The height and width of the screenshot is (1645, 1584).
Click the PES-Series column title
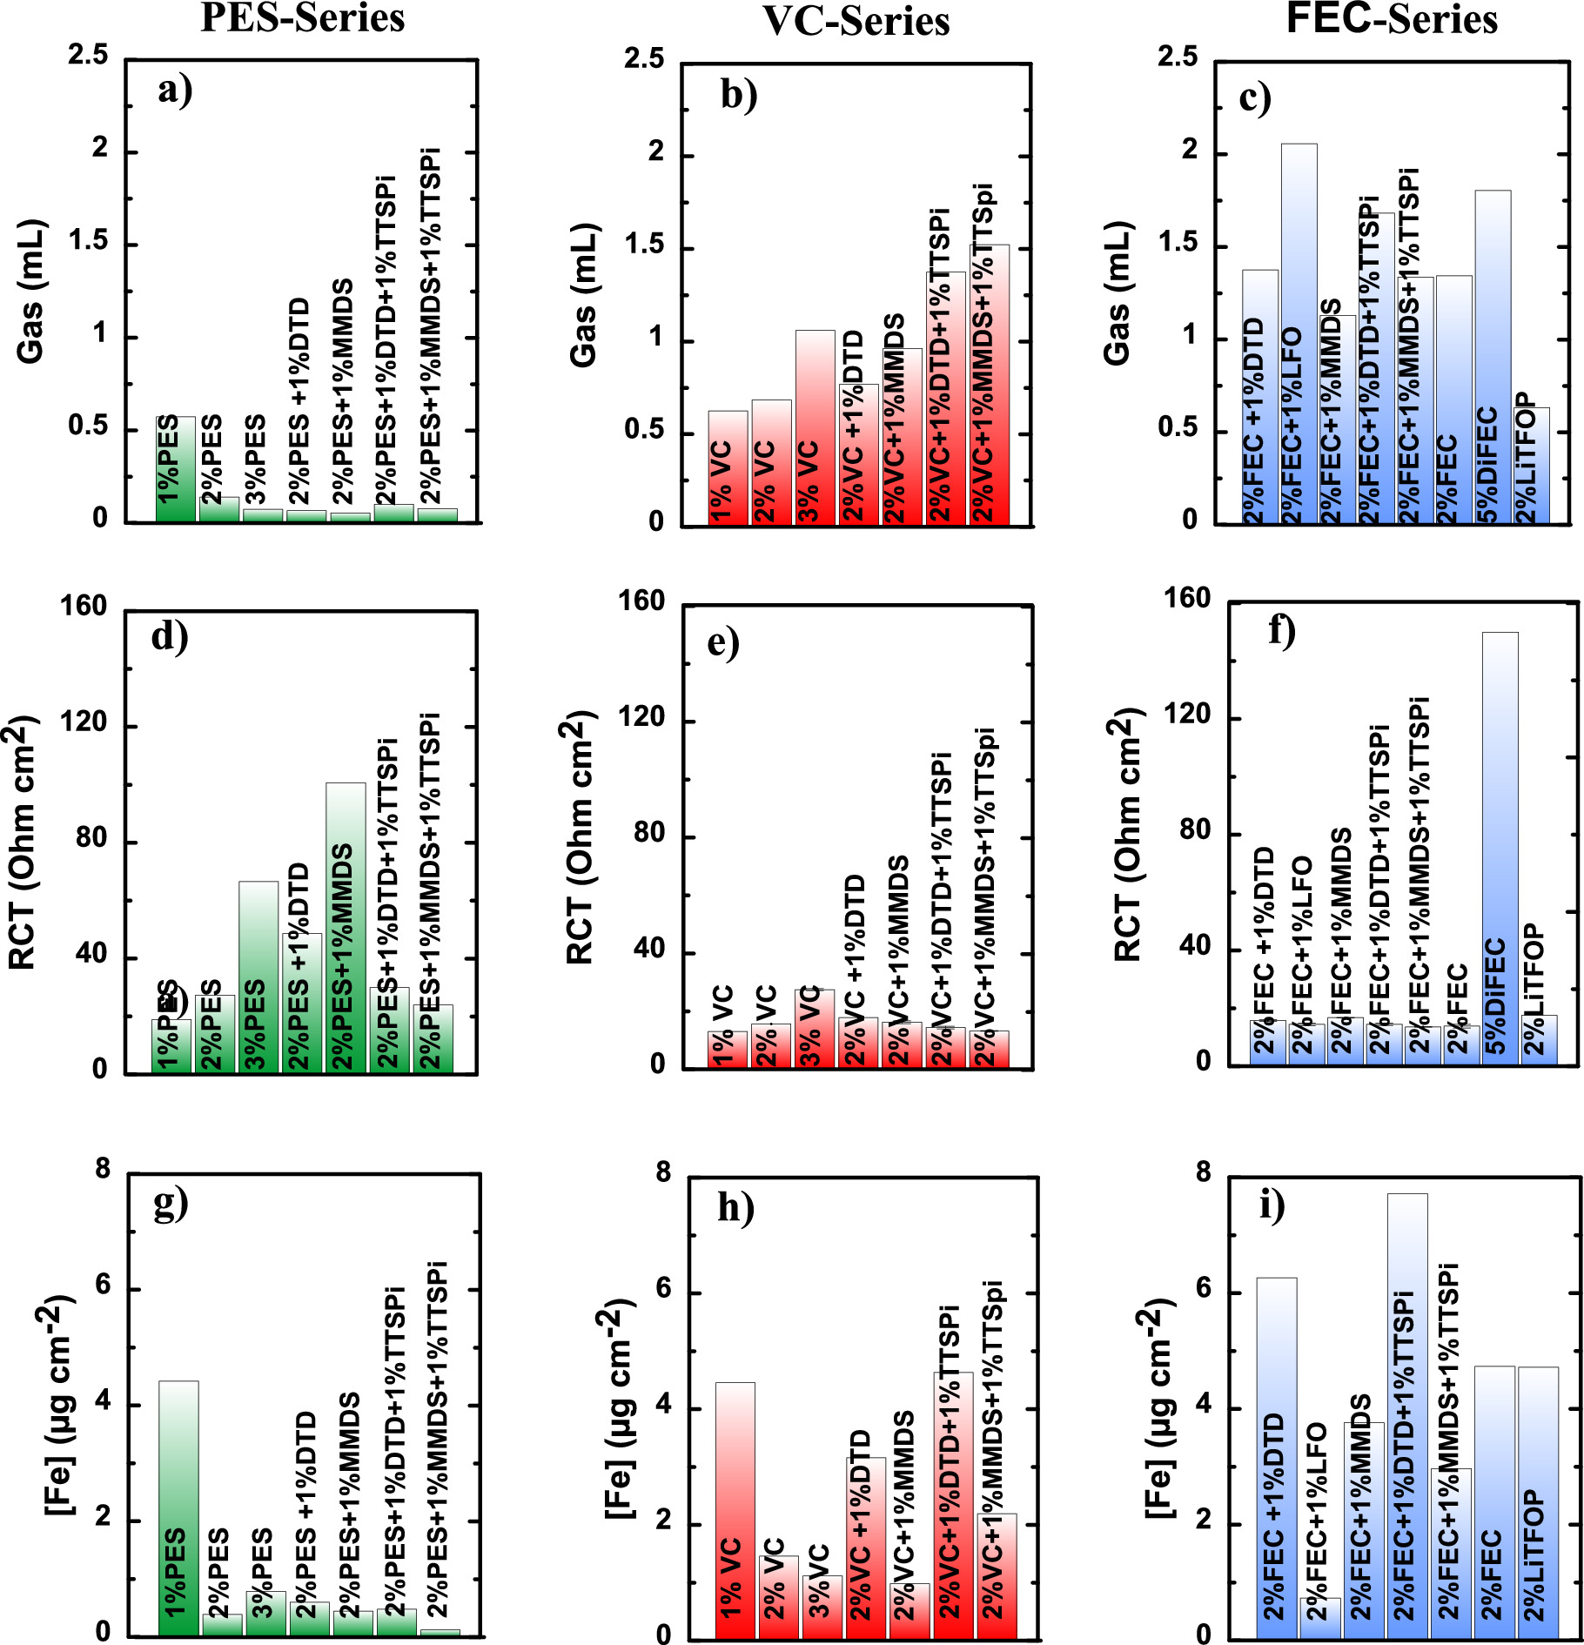pyautogui.click(x=302, y=17)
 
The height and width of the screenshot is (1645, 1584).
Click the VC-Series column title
pyautogui.click(x=856, y=21)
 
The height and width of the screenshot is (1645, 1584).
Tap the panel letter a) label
pyautogui.click(x=175, y=90)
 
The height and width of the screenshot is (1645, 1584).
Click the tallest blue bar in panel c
pyautogui.click(x=1299, y=331)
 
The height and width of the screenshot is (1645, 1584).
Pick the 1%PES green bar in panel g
pyautogui.click(x=178, y=1506)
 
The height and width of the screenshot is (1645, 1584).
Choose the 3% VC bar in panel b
pyautogui.click(x=815, y=426)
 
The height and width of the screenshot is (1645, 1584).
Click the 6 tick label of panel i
pyautogui.click(x=1205, y=1288)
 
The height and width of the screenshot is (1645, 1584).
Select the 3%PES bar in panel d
pyautogui.click(x=258, y=975)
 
